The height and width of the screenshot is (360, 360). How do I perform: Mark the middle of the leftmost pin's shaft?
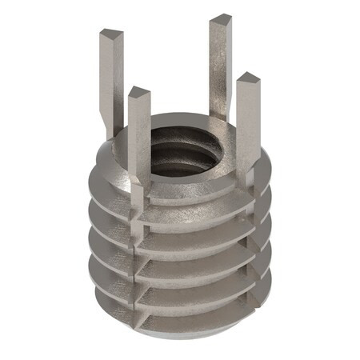coord(108,80)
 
